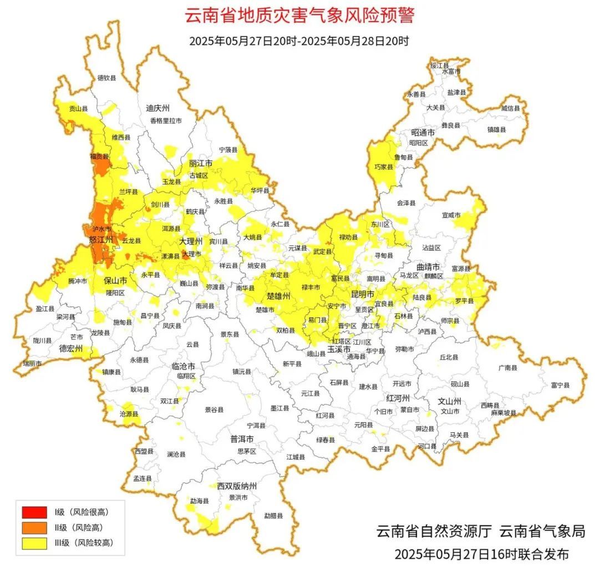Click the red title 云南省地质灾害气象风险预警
[299, 15]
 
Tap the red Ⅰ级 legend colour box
[35, 511]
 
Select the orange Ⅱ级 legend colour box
[35, 527]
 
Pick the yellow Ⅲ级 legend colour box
[35, 543]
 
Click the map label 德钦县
[106, 79]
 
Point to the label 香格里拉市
[165, 120]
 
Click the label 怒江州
[101, 240]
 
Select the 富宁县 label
[560, 384]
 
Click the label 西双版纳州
[237, 486]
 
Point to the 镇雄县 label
[496, 129]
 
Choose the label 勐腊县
[273, 516]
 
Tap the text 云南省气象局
[542, 531]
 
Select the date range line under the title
[299, 41]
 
